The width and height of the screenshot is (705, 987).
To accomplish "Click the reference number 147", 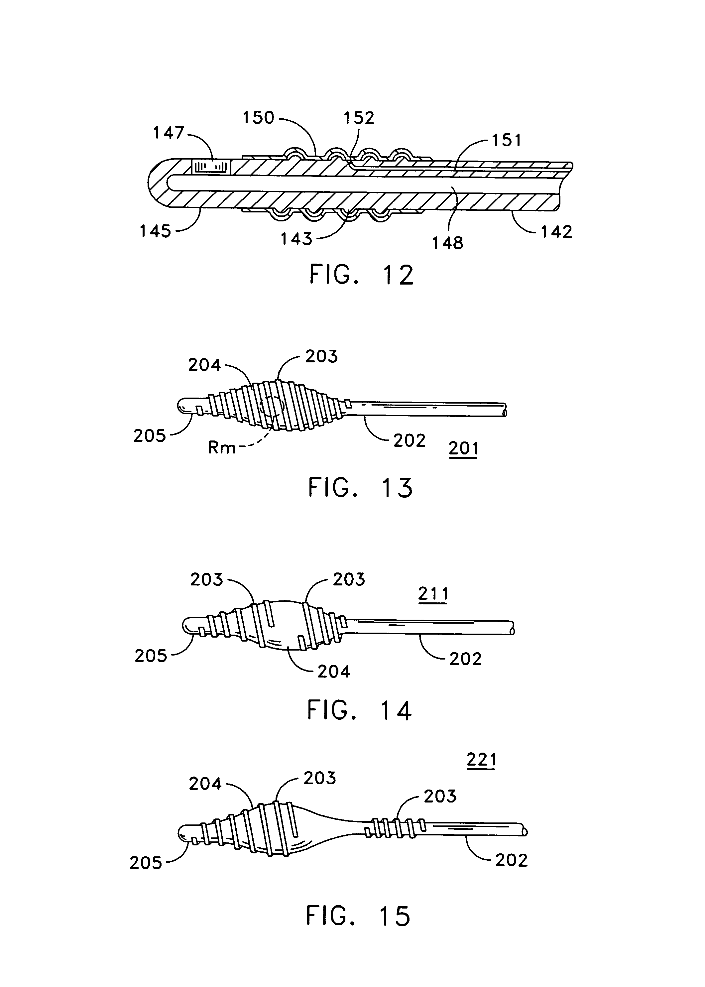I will tap(169, 133).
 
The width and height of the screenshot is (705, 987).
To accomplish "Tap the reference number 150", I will tap(258, 118).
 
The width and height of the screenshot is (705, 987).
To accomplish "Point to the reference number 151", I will tap(507, 140).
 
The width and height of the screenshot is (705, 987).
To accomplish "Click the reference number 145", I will tap(155, 231).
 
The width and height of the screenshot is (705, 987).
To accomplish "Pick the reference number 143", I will tap(296, 238).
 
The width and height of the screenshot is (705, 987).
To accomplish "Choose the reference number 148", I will tap(448, 243).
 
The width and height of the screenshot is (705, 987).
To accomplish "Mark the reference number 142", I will tap(556, 232).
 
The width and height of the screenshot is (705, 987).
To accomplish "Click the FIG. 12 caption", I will tap(362, 275).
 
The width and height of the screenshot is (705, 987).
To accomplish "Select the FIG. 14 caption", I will tap(359, 711).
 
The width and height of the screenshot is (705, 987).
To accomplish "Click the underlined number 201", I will tap(464, 448).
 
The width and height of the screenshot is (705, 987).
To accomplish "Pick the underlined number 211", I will tap(433, 594).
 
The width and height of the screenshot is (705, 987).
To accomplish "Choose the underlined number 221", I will tap(481, 760).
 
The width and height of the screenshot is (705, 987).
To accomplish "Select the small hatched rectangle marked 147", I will tap(211, 166).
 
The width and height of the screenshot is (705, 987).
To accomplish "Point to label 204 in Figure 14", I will tap(333, 672).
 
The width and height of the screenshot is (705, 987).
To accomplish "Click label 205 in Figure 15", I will tap(146, 863).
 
